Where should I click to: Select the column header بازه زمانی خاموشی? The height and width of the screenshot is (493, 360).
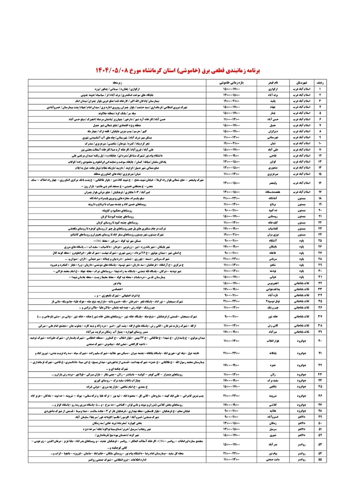click(x=231, y=83)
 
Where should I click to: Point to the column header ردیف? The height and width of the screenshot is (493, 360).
click(x=320, y=83)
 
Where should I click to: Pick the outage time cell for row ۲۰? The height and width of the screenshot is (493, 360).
click(x=231, y=211)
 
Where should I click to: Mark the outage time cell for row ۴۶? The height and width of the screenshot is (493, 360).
click(x=231, y=395)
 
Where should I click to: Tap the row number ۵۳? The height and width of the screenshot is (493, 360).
click(x=320, y=444)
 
